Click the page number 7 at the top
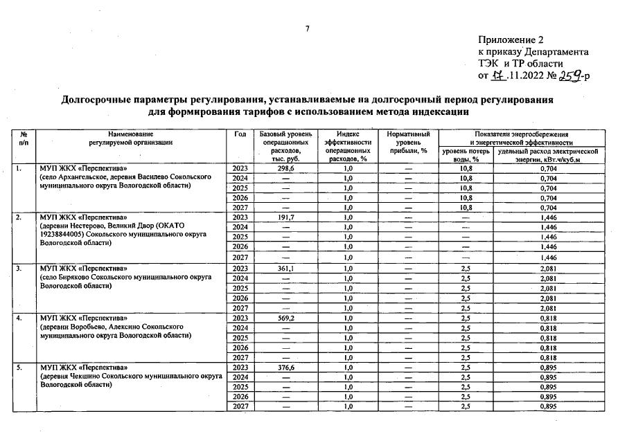[x=307, y=28]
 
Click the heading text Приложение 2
[x=511, y=39]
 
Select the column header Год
[x=240, y=134]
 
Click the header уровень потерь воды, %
[x=466, y=154]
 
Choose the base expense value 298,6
[x=286, y=168]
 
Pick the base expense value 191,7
[x=286, y=217]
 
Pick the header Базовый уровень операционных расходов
[x=285, y=145]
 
